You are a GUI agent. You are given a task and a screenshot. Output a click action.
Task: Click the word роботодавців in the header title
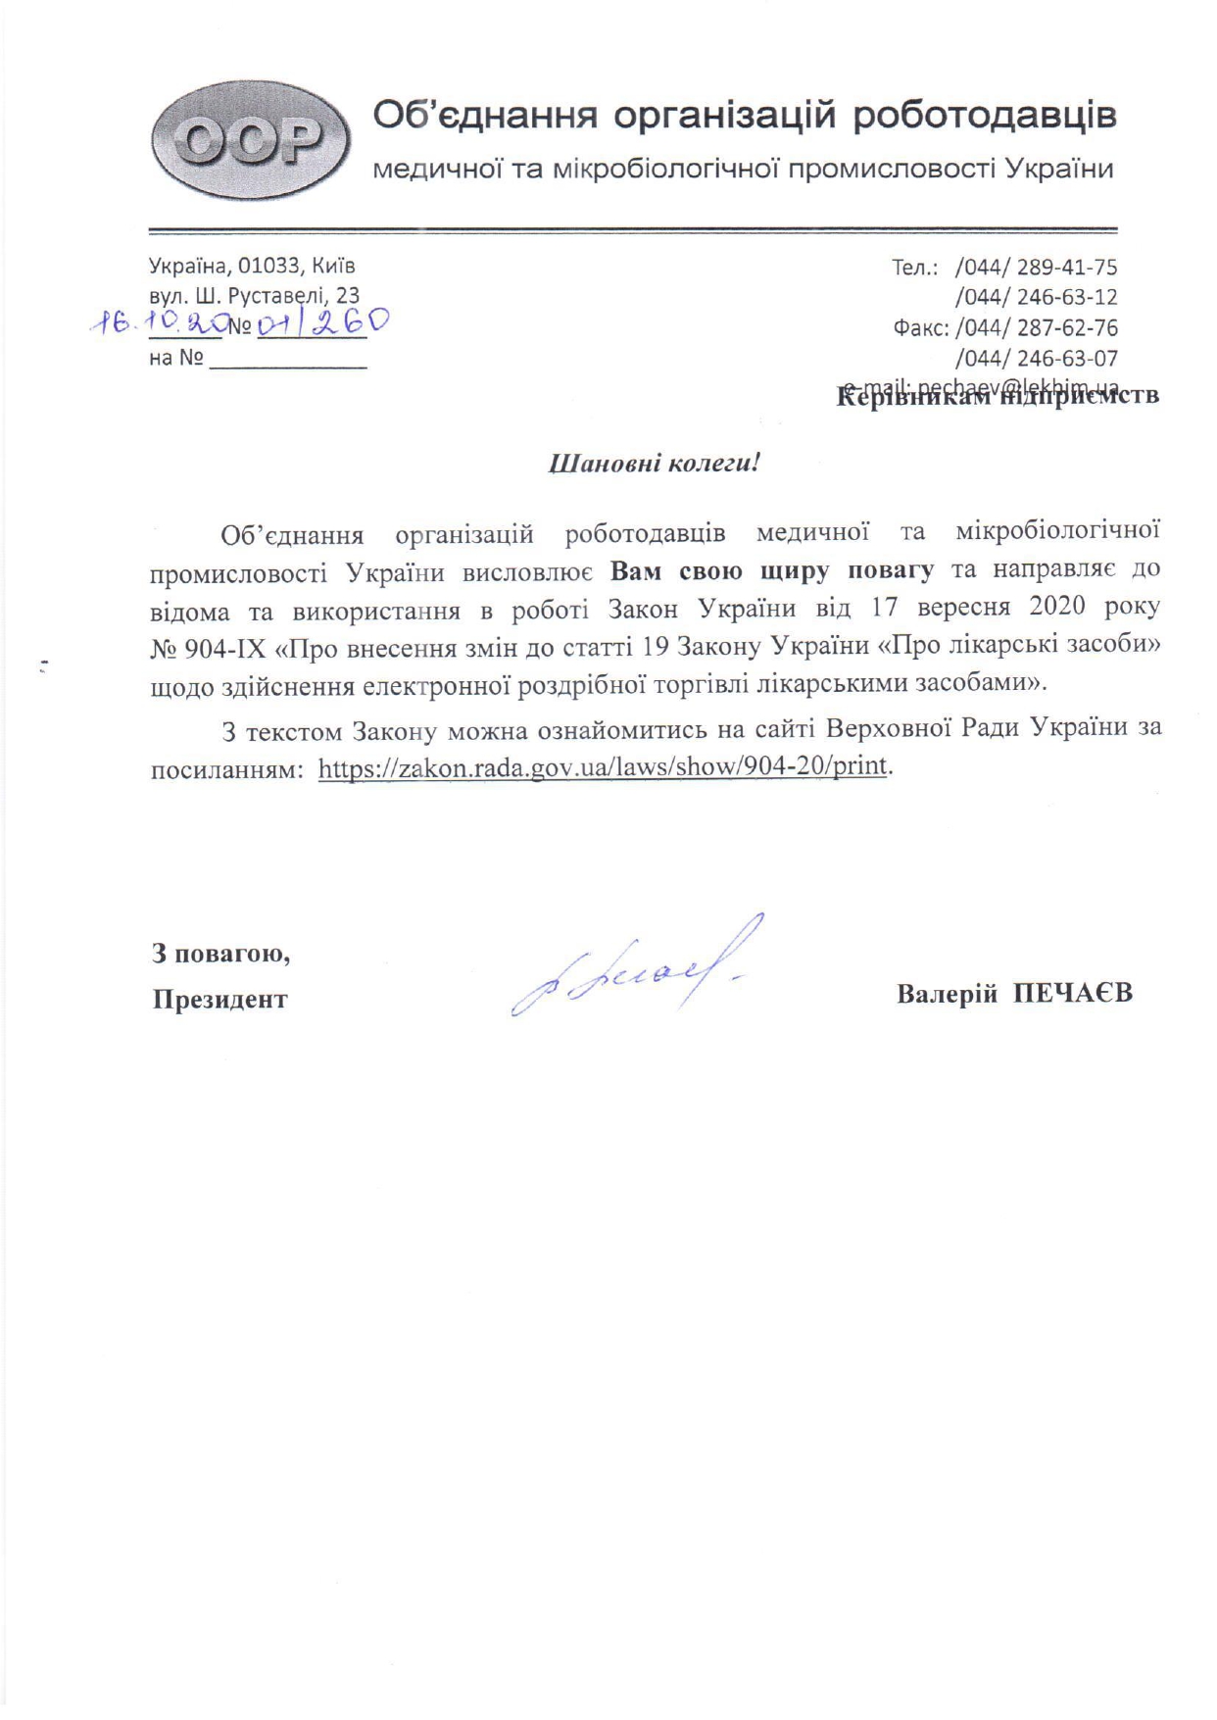(x=984, y=116)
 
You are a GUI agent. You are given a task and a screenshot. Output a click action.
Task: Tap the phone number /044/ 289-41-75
(x=1036, y=268)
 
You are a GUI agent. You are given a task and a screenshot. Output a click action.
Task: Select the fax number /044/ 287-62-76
(x=1036, y=327)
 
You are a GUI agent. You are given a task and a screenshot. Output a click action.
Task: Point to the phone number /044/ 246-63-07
(x=1036, y=358)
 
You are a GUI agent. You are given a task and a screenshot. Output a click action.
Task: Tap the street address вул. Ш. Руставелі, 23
(x=254, y=295)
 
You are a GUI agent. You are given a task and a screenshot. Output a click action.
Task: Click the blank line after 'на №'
(x=287, y=360)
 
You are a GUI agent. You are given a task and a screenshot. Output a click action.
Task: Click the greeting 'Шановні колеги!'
(x=654, y=464)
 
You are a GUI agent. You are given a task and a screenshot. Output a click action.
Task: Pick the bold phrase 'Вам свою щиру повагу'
(x=772, y=570)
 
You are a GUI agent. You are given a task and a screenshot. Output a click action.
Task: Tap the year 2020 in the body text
(x=1057, y=607)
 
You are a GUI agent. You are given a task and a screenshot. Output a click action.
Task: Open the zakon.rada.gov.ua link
(x=603, y=765)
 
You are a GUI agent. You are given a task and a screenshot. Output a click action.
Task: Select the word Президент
(x=219, y=1000)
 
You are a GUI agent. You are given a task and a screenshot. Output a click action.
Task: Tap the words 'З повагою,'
(x=220, y=953)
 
